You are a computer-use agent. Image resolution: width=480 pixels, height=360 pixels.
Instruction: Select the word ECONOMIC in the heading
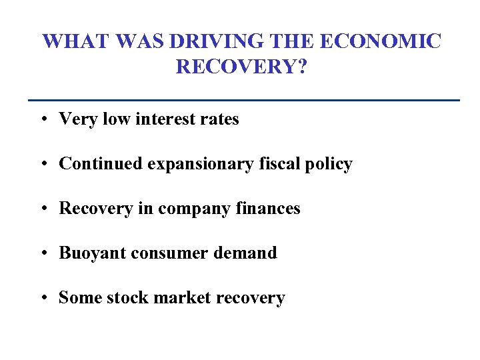coord(380,41)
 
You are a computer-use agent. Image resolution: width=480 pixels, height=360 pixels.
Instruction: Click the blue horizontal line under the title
coord(244,100)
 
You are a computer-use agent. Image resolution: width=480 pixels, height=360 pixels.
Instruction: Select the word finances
coord(267,209)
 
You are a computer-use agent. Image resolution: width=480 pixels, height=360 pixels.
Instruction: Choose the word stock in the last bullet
coord(132,298)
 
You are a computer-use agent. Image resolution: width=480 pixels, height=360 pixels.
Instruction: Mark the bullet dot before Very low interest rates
coord(42,120)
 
